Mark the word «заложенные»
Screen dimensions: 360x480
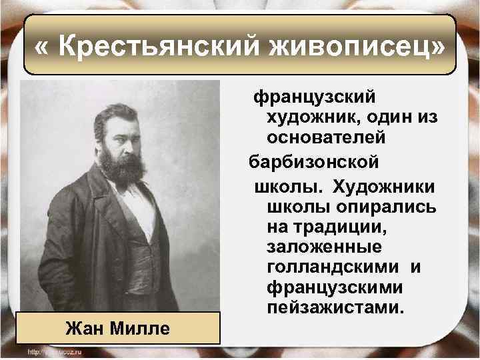pyautogui.click(x=324, y=247)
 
